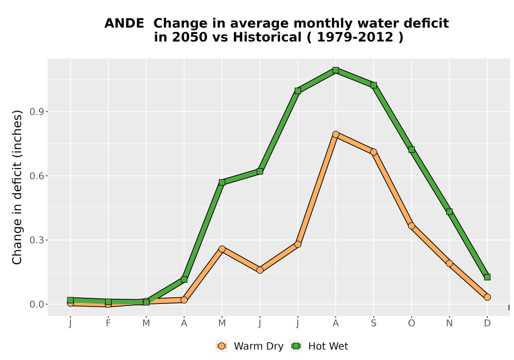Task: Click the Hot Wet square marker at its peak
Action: (x=335, y=70)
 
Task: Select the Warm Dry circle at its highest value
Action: (x=335, y=134)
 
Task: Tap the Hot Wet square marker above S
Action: (x=373, y=85)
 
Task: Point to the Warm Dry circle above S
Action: (x=373, y=152)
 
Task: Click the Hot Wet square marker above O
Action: (x=411, y=150)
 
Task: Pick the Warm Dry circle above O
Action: (x=411, y=226)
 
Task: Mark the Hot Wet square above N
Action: (x=449, y=212)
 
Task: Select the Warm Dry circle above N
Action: (x=449, y=263)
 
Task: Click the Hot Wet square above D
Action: (x=487, y=277)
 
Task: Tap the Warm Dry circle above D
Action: (x=487, y=297)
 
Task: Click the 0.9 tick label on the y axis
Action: (x=36, y=112)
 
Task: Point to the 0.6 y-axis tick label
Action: (x=36, y=176)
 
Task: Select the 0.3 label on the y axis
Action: (x=36, y=240)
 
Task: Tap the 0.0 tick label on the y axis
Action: (x=36, y=304)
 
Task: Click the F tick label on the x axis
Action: (x=108, y=323)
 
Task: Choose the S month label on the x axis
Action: (x=373, y=323)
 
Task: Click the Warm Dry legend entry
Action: (x=250, y=346)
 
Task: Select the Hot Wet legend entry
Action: (x=319, y=346)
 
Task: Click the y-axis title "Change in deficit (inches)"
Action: (x=17, y=187)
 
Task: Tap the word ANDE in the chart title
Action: (x=124, y=23)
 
